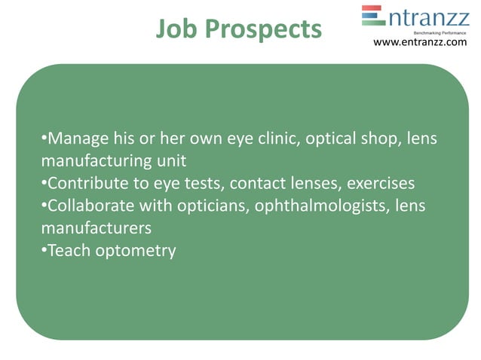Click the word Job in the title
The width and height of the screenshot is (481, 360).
point(177,29)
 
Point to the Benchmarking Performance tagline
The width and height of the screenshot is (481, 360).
point(440,32)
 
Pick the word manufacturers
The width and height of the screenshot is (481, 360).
point(96,227)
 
